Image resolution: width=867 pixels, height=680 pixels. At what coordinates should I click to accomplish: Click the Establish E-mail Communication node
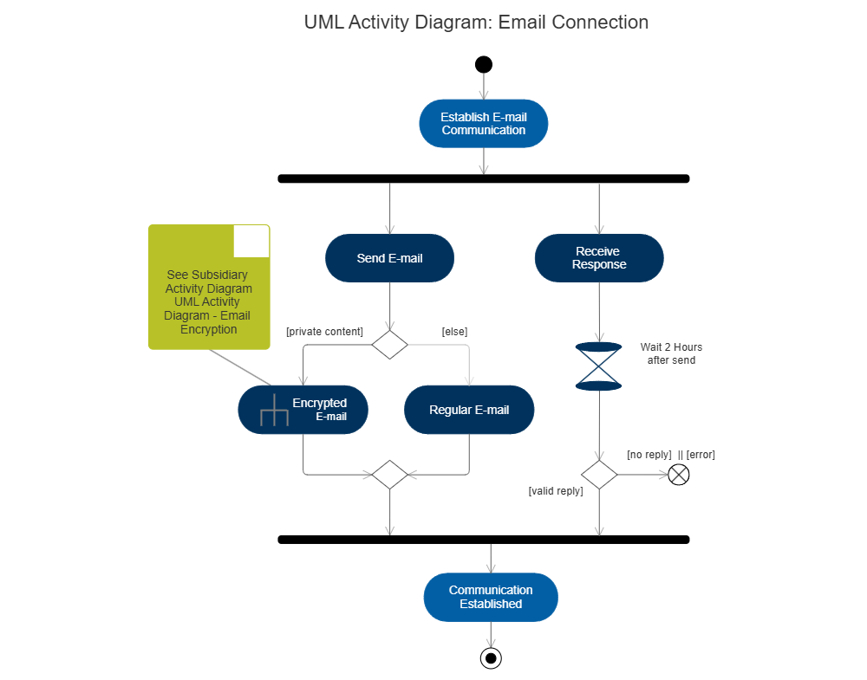483,123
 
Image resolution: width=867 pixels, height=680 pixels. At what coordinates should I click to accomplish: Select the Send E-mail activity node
389,258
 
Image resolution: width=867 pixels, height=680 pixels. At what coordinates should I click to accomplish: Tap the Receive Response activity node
598,258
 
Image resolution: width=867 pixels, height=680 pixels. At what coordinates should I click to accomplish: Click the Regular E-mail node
469,410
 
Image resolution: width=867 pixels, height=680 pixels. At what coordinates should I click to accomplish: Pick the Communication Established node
490,597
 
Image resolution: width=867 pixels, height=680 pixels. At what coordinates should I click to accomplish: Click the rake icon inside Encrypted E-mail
274,412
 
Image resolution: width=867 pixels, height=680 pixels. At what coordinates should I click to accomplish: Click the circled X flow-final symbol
679,475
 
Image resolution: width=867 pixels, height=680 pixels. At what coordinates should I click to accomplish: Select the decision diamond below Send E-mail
389,345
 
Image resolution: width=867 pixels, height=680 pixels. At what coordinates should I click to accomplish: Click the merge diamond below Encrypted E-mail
389,475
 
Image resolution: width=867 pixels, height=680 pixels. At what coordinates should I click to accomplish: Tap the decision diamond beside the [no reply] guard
598,475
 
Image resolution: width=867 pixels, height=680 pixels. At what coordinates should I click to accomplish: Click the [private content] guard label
324,331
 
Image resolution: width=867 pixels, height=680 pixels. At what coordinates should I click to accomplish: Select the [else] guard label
454,331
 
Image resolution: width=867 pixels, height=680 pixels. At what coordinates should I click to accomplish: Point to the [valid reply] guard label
556,491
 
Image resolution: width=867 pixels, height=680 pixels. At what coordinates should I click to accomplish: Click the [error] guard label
701,455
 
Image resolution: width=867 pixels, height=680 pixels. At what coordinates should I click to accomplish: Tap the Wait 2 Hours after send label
671,353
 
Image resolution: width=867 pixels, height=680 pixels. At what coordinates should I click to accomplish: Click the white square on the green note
251,241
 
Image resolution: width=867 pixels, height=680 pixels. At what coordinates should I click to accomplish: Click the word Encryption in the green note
208,329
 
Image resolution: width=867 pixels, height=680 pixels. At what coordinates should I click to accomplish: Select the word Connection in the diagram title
599,23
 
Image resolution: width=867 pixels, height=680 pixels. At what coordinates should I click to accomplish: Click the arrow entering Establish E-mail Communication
484,87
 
